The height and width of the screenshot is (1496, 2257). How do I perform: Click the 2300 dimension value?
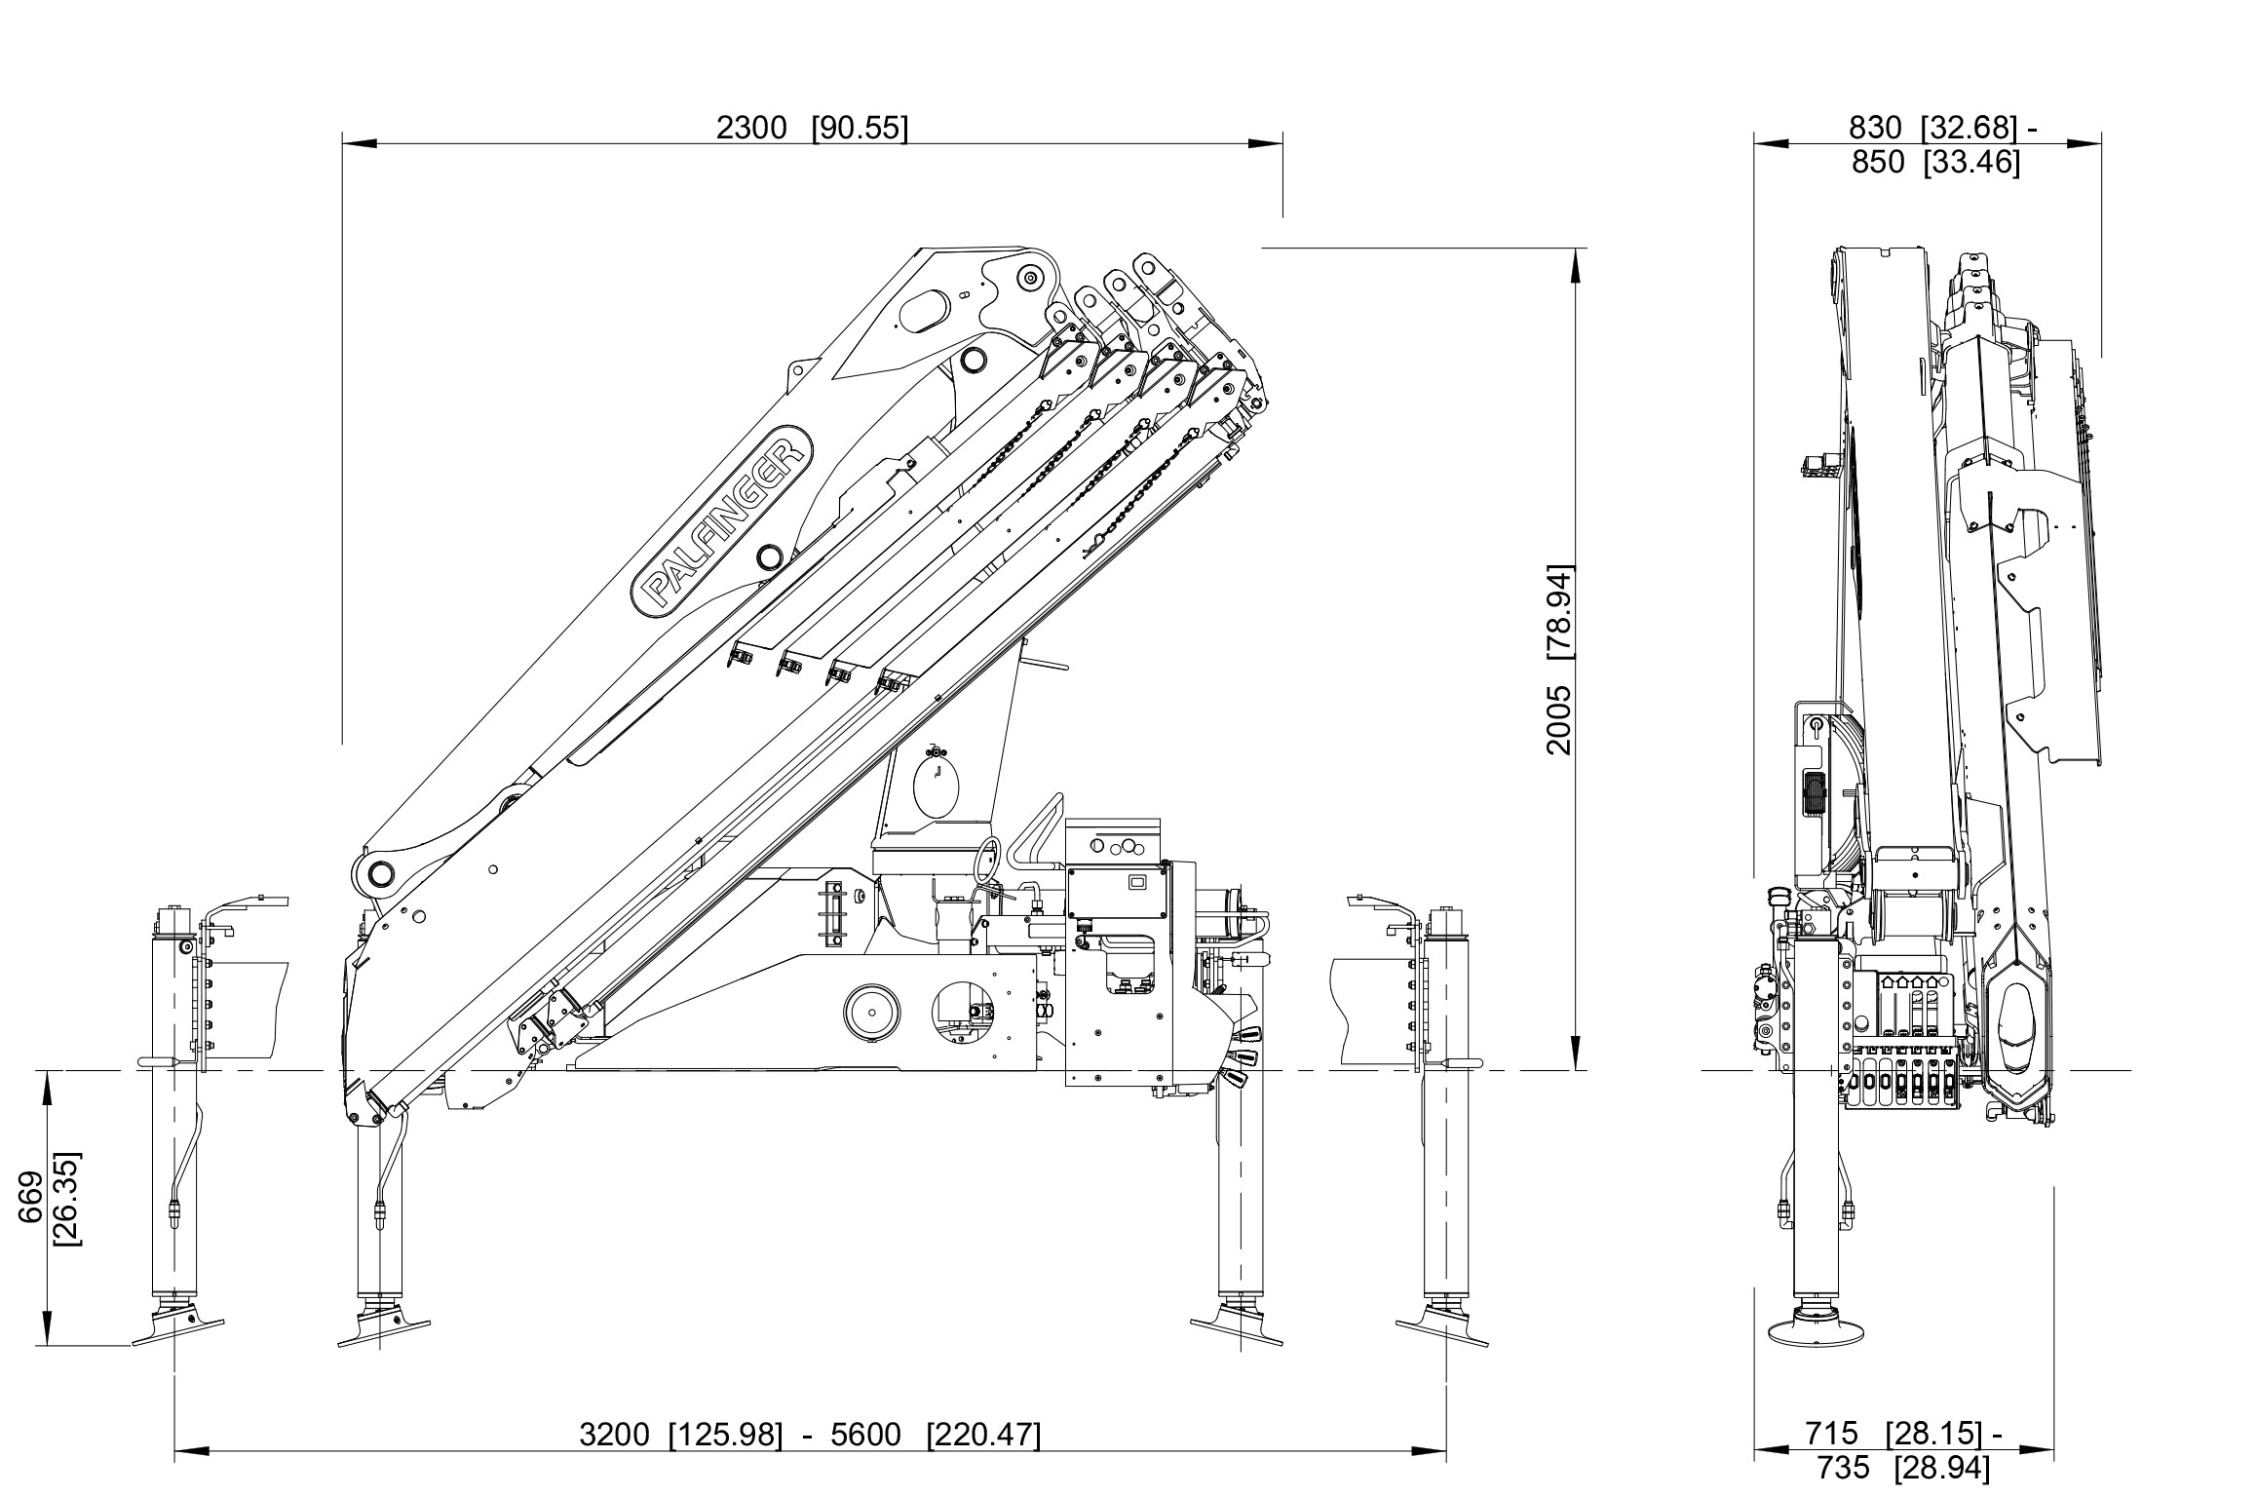[x=751, y=128]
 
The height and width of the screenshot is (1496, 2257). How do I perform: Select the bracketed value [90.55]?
[x=859, y=128]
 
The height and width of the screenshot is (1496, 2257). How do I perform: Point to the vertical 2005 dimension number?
[x=1559, y=719]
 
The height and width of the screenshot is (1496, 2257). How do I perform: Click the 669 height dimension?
[x=31, y=1199]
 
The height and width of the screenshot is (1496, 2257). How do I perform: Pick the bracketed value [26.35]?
[x=68, y=1199]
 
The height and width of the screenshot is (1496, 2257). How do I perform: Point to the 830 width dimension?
[x=1875, y=128]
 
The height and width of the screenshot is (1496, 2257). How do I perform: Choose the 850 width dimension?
[x=1877, y=162]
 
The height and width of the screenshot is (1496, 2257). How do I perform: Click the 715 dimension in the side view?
[x=1831, y=1434]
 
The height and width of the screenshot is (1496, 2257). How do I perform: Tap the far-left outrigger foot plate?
[x=177, y=1327]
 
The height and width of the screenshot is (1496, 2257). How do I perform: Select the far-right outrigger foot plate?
[x=1442, y=1330]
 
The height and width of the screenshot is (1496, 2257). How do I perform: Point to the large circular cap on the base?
[x=871, y=1016]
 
